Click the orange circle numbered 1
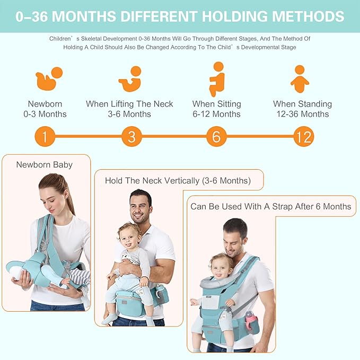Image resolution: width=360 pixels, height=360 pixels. pos(45,137)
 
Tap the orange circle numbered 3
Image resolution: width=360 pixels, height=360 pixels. pos(131,137)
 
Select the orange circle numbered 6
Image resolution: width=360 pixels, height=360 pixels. pos(216,137)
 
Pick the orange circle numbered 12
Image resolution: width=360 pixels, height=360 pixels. pos(303,137)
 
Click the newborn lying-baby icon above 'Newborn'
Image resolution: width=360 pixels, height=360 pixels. pos(49,78)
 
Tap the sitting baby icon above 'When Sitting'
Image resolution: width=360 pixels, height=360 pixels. pos(217,78)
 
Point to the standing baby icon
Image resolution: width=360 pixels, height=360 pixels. pos(300,78)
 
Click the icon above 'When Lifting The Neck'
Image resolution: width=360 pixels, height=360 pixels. pos(131,78)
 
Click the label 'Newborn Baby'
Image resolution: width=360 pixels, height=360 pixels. pos(44,164)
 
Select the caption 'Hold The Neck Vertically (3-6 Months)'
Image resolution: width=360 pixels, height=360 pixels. pos(178,180)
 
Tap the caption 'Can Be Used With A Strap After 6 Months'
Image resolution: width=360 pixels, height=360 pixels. pos(270,206)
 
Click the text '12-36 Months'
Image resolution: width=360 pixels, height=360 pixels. pos(302,114)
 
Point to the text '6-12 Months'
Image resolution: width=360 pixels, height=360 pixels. pos(216,114)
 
